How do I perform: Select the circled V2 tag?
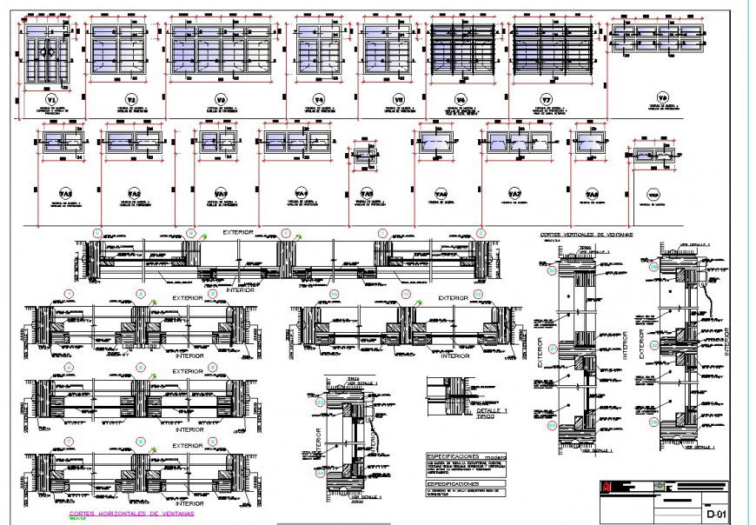(132, 98)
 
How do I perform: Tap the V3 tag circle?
(221, 99)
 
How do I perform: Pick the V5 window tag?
(398, 99)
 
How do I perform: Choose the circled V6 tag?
(461, 99)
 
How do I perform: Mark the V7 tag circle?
(547, 99)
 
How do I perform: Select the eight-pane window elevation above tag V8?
(655, 36)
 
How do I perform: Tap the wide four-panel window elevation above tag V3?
(221, 50)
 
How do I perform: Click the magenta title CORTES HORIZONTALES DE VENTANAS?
(131, 514)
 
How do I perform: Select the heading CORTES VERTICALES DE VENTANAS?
(586, 235)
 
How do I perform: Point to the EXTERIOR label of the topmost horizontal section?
(238, 232)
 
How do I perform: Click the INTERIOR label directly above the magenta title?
(189, 503)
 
